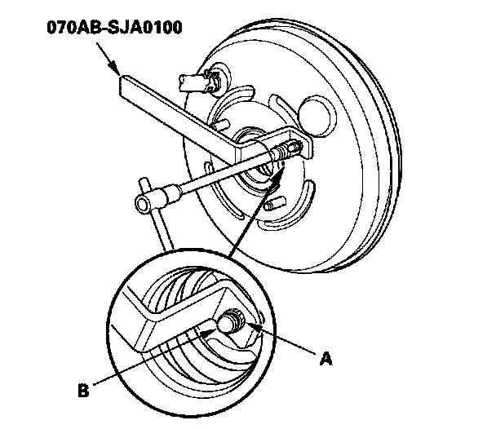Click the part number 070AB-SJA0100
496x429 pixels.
(x=114, y=27)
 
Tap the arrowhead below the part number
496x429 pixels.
(x=114, y=69)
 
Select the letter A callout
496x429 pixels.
(x=325, y=359)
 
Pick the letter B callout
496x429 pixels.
(x=83, y=390)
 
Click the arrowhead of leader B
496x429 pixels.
(x=208, y=332)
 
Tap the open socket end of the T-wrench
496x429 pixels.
(x=143, y=203)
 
